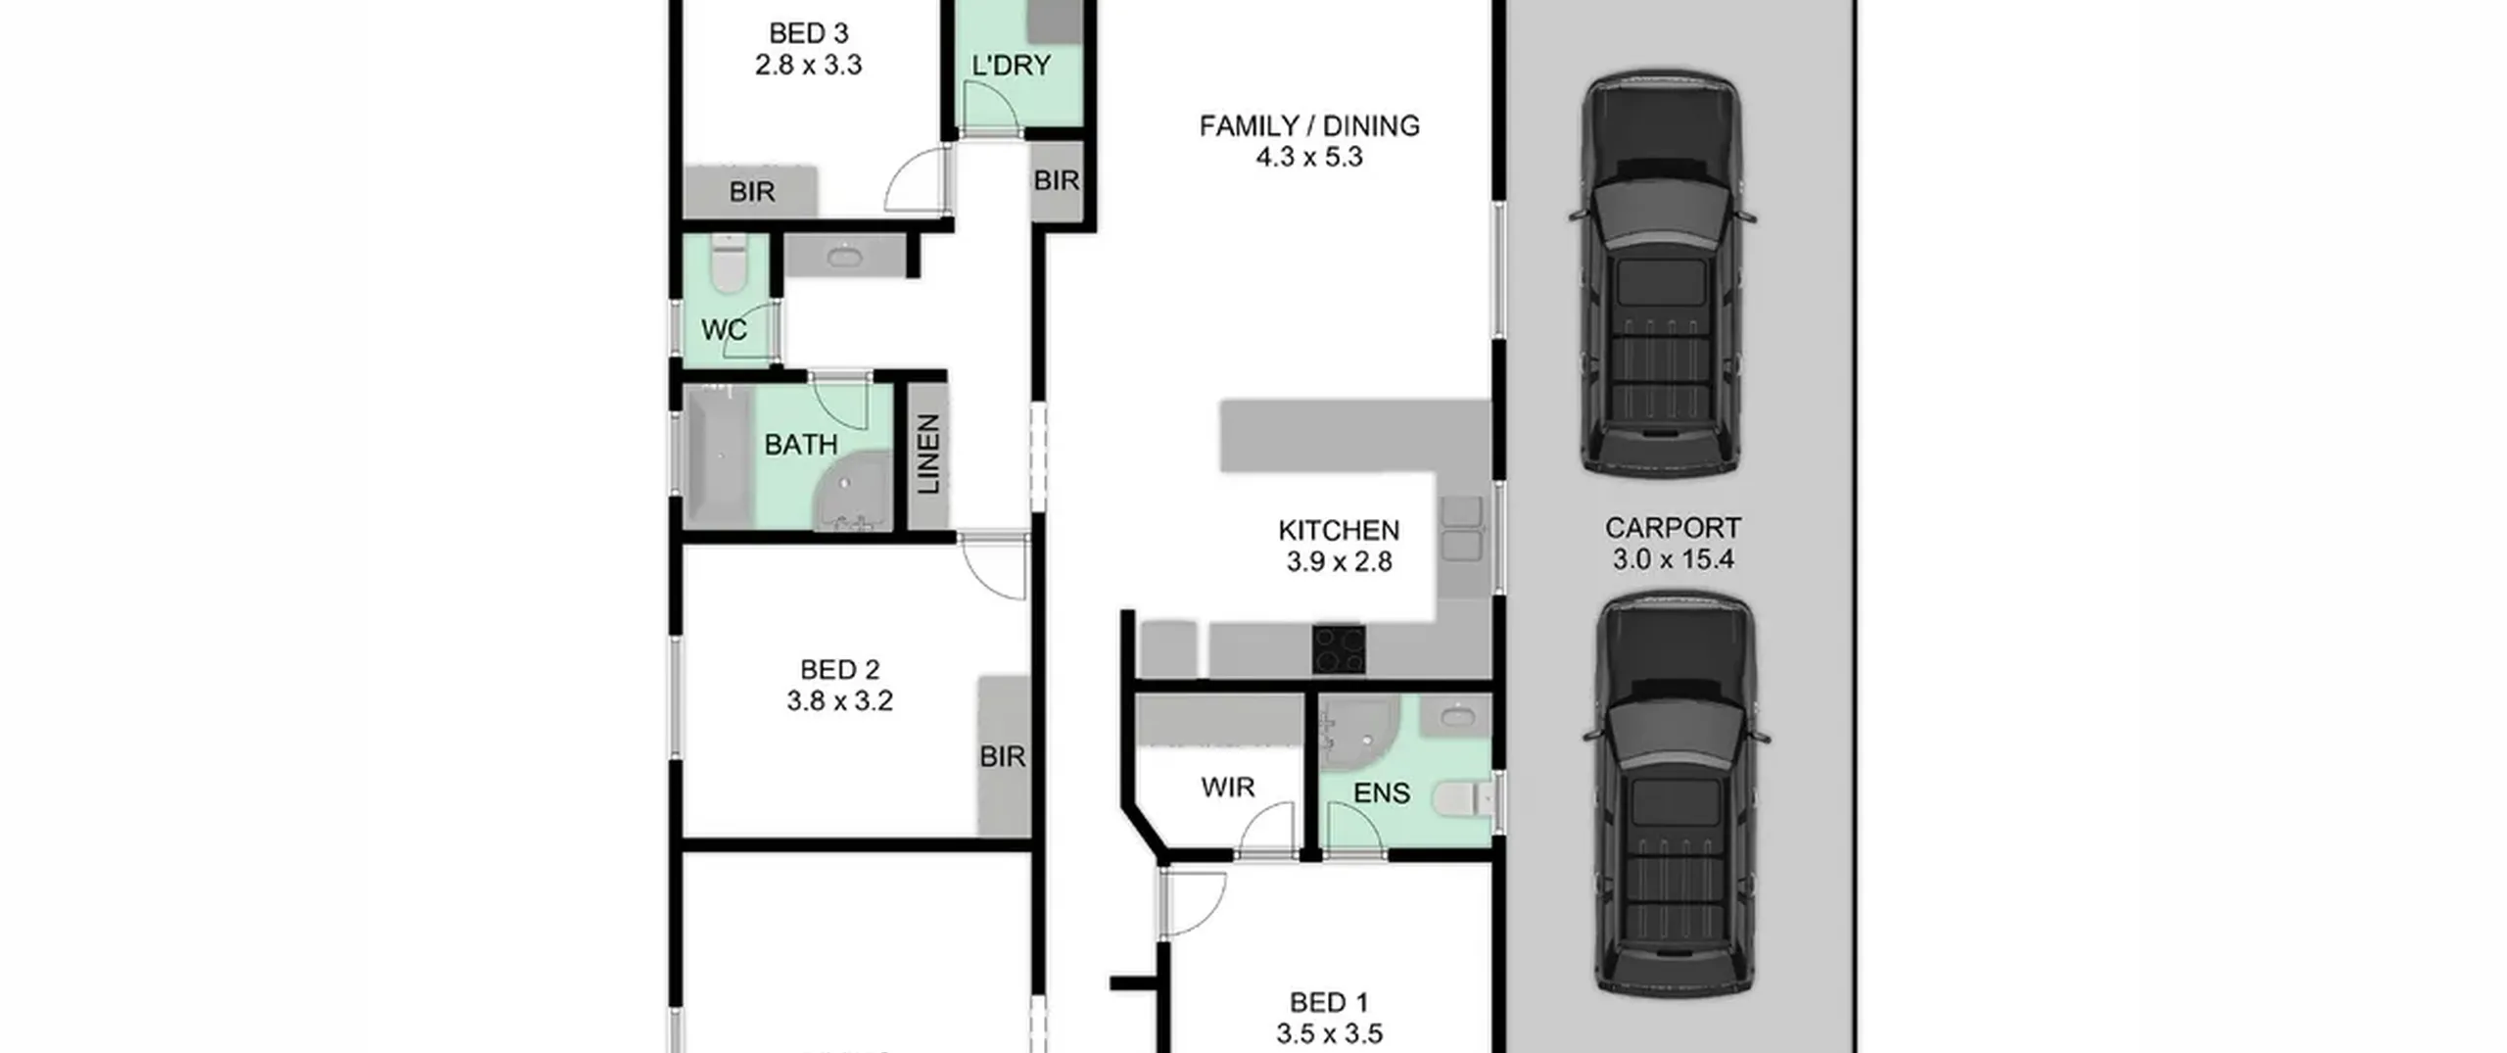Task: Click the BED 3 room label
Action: tap(808, 33)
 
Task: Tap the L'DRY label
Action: tap(1011, 66)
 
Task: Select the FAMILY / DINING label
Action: tap(1309, 125)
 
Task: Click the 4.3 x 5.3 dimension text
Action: tap(1309, 157)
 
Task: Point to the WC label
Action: tap(725, 330)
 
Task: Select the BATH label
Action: tap(801, 445)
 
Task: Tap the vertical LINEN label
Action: tap(928, 454)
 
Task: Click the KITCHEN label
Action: tap(1339, 530)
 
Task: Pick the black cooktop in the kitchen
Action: tap(1339, 649)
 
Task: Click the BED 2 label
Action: tap(839, 670)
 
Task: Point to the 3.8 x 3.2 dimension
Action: tap(839, 701)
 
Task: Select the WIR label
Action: tap(1228, 788)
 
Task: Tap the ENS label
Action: tap(1382, 792)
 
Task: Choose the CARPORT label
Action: tap(1673, 528)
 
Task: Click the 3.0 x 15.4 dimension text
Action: tap(1673, 559)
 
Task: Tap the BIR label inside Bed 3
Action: tap(752, 192)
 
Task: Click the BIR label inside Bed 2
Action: tap(1003, 756)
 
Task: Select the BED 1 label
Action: tap(1329, 1003)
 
